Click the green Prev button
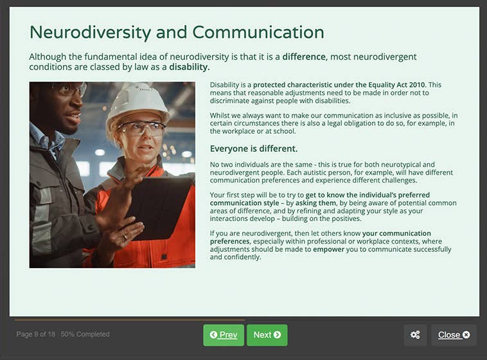tap(224, 335)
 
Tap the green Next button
tap(267, 335)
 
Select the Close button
tap(454, 335)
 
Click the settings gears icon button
tap(415, 335)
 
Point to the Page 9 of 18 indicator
tap(36, 334)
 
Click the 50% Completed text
tap(85, 334)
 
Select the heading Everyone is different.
tap(254, 149)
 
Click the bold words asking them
tap(315, 203)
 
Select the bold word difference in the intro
tap(304, 57)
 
